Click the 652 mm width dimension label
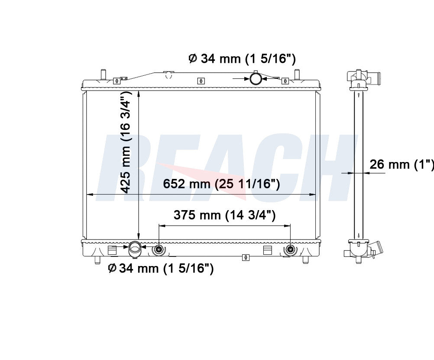[x=221, y=184]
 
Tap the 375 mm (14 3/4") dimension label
[x=224, y=215]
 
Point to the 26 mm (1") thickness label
[x=402, y=165]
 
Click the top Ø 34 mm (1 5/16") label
[x=242, y=59]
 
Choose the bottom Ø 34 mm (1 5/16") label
[x=161, y=268]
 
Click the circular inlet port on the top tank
[x=255, y=79]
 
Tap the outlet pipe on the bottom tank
[x=135, y=249]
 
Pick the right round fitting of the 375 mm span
[x=290, y=249]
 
